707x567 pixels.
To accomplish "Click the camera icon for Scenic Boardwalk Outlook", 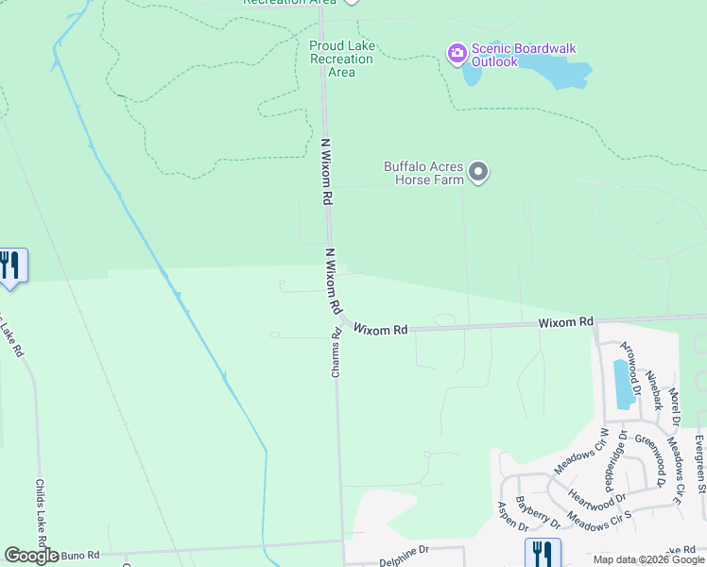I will click(x=457, y=53).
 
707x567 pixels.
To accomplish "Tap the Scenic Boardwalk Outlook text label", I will click(x=523, y=55).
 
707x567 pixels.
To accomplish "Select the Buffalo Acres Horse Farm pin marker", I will click(x=478, y=172).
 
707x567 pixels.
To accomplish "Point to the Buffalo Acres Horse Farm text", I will click(x=423, y=172).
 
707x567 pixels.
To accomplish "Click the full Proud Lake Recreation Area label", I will click(x=341, y=59).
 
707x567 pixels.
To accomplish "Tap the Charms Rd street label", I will click(x=336, y=353).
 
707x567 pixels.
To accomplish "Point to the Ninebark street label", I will click(x=654, y=387).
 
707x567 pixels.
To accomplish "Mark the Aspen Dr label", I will click(x=505, y=516).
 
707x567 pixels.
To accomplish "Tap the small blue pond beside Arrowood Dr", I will click(x=623, y=385).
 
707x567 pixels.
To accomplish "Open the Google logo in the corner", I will click(x=30, y=556).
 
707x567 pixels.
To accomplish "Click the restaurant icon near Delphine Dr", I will click(x=542, y=552).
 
